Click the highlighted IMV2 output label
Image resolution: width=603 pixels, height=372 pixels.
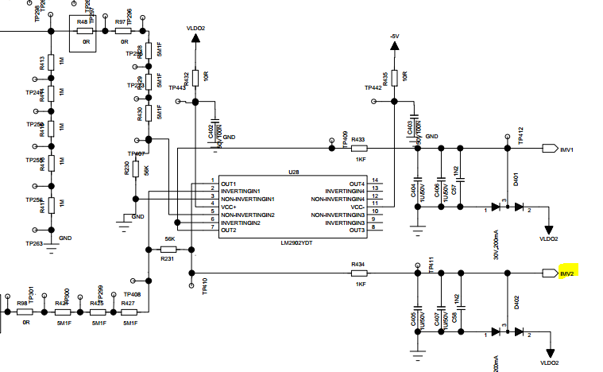(x=567, y=273)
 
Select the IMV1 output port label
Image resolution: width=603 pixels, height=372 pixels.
(x=567, y=149)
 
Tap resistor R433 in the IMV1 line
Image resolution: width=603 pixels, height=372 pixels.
(x=358, y=148)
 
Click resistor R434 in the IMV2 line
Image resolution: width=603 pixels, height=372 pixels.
(x=358, y=273)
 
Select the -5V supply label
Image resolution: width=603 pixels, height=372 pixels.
(x=393, y=37)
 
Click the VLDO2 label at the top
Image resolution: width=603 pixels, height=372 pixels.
(x=195, y=28)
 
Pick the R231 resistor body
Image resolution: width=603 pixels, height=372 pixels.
(x=168, y=249)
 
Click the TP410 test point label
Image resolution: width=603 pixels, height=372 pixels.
(x=204, y=287)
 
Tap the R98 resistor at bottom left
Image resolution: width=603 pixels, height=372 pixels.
(x=25, y=313)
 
